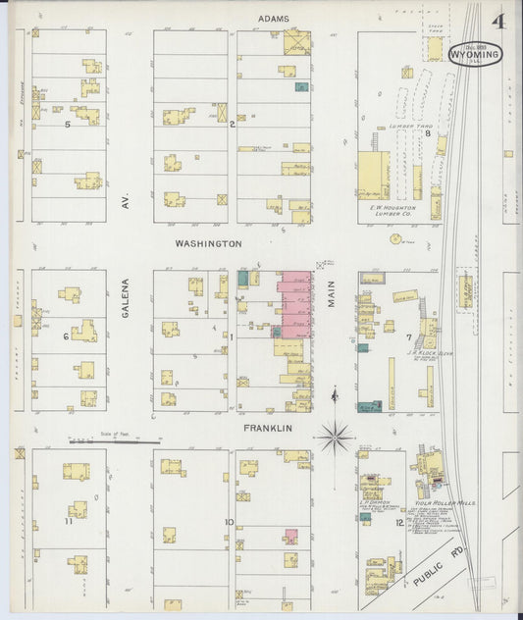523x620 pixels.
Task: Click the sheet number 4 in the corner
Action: (499, 23)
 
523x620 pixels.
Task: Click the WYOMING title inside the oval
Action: (475, 56)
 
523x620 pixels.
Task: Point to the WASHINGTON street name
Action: (208, 242)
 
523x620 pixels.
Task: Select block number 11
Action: (68, 521)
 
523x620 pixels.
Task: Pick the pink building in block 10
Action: (291, 536)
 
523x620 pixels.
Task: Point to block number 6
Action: (66, 336)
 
